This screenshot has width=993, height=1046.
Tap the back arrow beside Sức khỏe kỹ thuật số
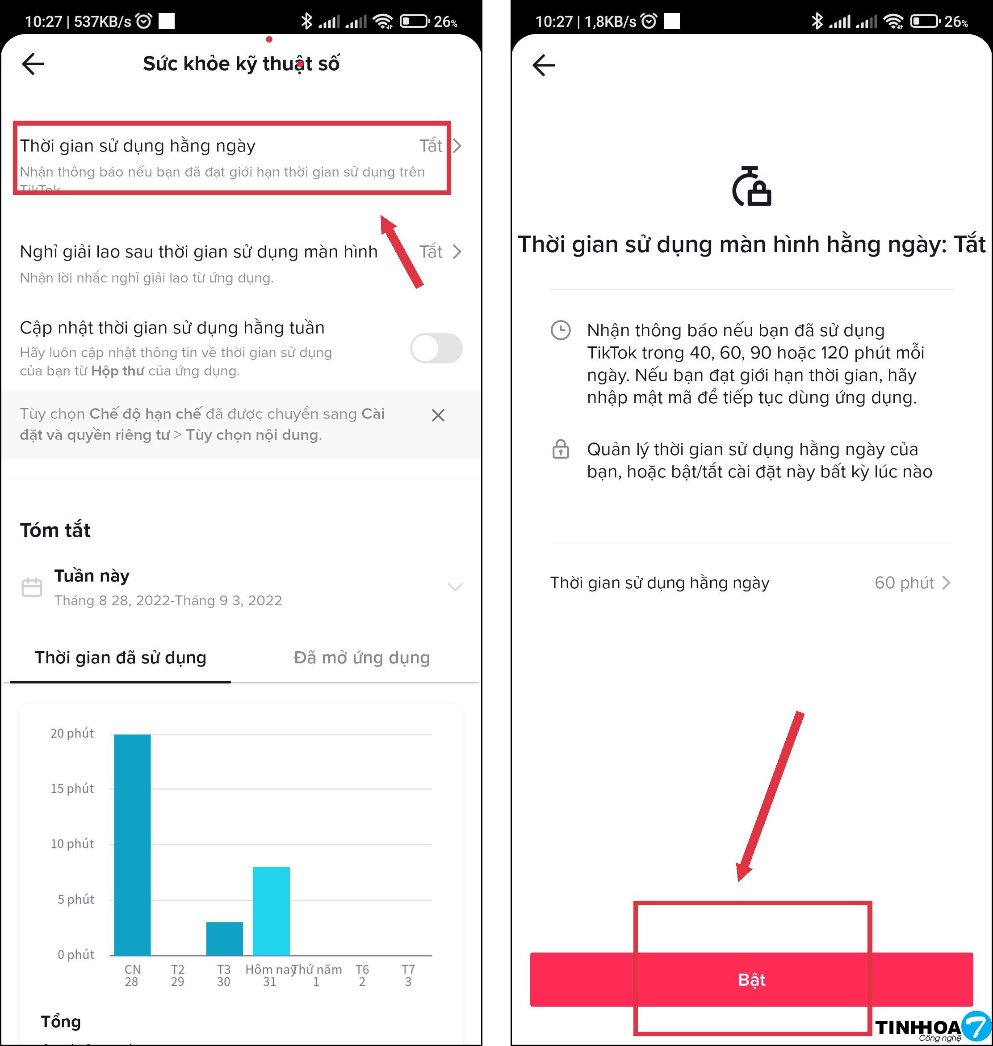tap(33, 64)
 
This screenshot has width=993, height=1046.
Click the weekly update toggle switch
tap(436, 348)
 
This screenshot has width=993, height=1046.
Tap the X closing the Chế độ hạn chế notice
tap(438, 415)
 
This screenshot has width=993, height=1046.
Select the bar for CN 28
tap(132, 844)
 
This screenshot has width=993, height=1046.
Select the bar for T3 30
tap(224, 938)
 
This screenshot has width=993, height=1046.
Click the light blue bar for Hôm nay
tap(271, 911)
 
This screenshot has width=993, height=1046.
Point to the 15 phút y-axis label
tap(72, 789)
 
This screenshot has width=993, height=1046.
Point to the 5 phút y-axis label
tap(75, 899)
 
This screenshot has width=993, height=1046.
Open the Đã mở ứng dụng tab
tap(361, 657)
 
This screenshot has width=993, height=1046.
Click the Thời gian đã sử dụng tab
tap(120, 657)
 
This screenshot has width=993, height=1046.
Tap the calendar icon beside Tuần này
tap(32, 587)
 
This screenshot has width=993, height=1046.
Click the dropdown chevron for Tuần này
tap(455, 586)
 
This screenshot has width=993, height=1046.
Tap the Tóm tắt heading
tap(55, 530)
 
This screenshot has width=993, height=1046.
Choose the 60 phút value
tap(904, 582)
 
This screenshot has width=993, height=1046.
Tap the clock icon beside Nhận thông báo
tap(561, 330)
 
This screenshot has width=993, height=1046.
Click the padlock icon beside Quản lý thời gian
tap(561, 449)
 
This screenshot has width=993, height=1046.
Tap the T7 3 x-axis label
tap(408, 975)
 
